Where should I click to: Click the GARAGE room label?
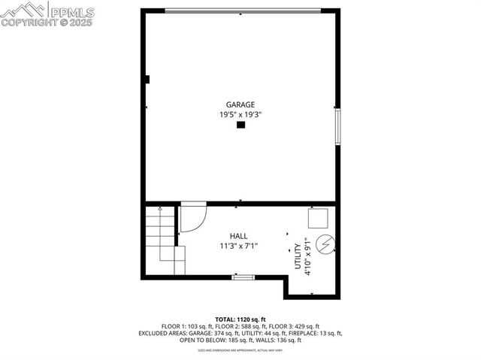coord(240,105)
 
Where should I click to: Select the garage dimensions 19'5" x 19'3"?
coord(240,115)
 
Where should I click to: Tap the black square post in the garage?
coord(240,126)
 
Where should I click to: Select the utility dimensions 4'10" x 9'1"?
coord(308,257)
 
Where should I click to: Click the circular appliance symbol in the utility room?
coord(326,245)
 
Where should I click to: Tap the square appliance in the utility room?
coord(318,217)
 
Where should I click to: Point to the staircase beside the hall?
coord(160,240)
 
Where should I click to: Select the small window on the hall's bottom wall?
coord(243,277)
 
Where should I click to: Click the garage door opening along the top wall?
coord(240,10)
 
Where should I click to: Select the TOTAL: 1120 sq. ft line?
coord(240,319)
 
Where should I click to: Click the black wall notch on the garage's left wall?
coord(148,79)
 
